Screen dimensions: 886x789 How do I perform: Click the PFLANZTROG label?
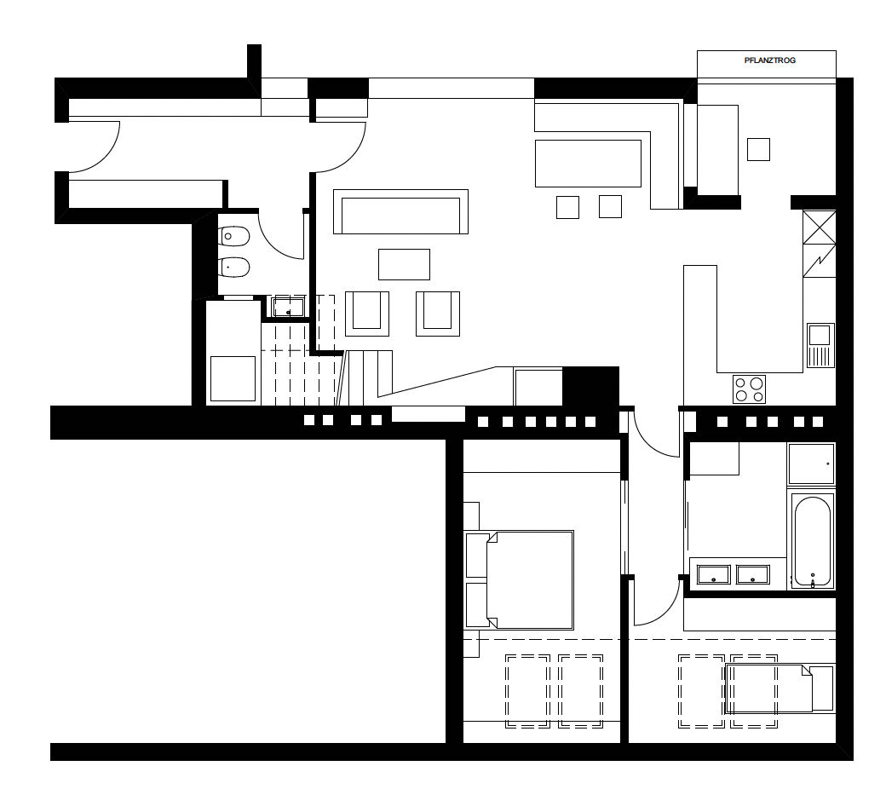tap(769, 60)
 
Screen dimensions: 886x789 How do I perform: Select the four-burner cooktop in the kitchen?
tap(749, 389)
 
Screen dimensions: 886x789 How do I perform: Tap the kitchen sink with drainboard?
tap(820, 345)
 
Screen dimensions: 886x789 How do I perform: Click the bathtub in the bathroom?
tap(812, 542)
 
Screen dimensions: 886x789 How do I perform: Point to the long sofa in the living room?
tap(400, 212)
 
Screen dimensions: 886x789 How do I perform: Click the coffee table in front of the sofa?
tap(404, 264)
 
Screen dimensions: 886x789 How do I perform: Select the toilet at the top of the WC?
tap(234, 236)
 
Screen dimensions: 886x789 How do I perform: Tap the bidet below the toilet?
tap(234, 267)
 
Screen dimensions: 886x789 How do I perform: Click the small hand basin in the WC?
tap(288, 308)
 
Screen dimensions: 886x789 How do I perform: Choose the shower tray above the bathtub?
tap(811, 464)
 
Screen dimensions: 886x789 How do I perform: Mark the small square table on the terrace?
tap(758, 149)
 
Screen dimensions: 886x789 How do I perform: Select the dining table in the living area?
tap(588, 164)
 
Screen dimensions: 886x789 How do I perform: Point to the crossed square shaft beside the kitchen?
tap(820, 227)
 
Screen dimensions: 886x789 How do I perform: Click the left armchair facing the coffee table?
tap(367, 314)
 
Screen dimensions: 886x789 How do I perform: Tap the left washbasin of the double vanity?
tap(714, 575)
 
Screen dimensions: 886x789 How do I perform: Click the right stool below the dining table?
tap(610, 207)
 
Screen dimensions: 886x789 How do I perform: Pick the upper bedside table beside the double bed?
tap(477, 555)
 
